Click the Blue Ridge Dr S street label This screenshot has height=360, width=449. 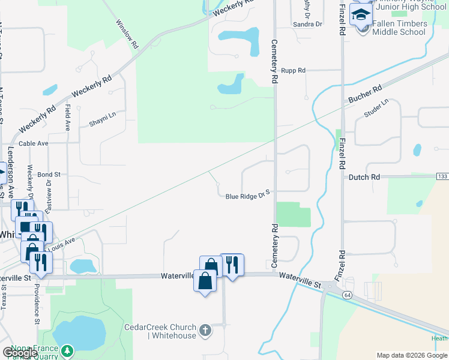coord(249,196)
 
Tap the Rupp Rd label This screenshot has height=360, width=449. coord(294,71)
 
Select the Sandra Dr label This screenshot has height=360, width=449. coord(307,25)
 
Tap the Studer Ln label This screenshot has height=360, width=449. coord(377,108)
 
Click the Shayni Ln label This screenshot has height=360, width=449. coord(102,115)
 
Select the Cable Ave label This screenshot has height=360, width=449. coord(33,144)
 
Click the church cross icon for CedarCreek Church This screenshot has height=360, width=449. coord(205,330)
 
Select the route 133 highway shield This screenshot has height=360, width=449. coord(442,176)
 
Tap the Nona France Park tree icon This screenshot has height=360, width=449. coord(68,350)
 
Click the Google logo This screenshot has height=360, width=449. coord(20,352)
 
